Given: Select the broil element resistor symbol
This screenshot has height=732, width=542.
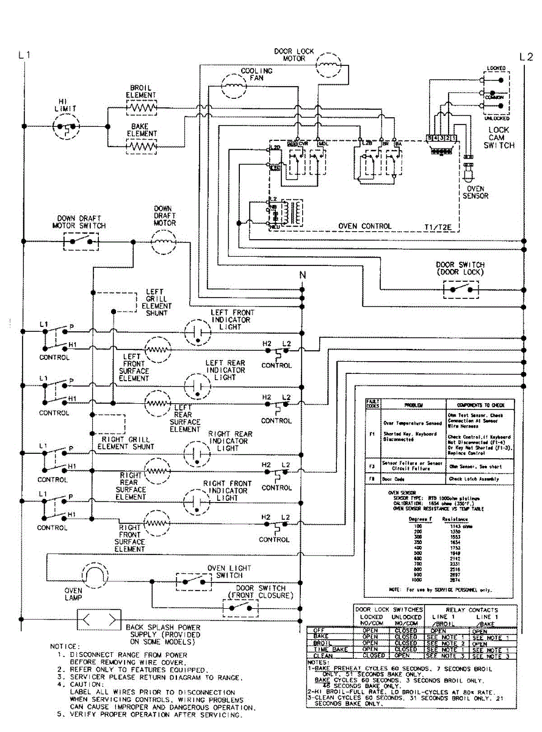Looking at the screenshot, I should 142,108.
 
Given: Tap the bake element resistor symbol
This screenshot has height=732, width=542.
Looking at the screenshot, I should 142,146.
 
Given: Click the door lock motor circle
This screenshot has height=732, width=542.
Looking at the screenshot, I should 329,63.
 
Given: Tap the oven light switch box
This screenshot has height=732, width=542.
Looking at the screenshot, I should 194,581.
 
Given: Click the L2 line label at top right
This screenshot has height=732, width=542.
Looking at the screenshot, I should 526,57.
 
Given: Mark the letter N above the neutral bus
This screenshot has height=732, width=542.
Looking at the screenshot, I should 302,276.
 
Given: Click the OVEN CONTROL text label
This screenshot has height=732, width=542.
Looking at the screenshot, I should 365,226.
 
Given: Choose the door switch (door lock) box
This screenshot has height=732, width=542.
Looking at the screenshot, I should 461,289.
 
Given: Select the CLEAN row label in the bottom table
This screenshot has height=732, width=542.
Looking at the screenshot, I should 323,656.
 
